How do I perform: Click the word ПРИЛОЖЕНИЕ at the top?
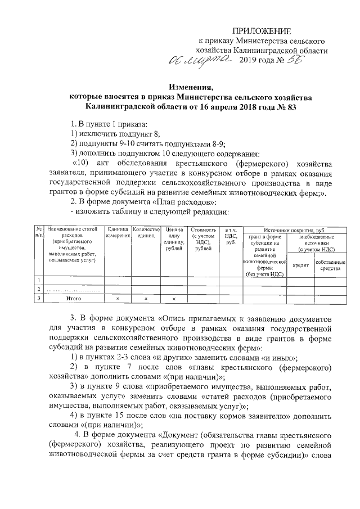pos(263,31)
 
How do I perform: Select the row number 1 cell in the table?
pos(39,280)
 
